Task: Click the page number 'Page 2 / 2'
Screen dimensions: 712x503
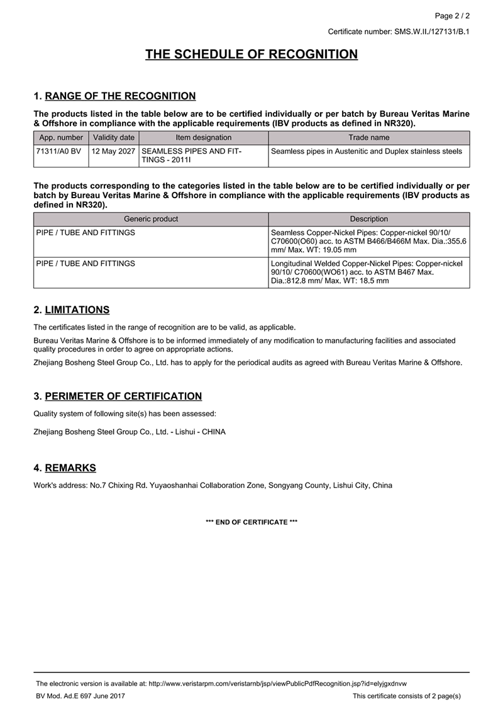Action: pyautogui.click(x=452, y=16)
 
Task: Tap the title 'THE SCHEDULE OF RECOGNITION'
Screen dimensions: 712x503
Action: pyautogui.click(x=251, y=55)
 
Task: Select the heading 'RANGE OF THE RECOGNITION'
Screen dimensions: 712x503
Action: pyautogui.click(x=120, y=96)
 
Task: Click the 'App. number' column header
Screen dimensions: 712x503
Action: pyautogui.click(x=61, y=137)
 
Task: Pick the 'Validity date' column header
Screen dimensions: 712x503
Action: pyautogui.click(x=114, y=137)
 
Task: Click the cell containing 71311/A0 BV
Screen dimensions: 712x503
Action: pyautogui.click(x=61, y=151)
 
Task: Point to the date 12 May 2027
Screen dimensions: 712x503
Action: pyautogui.click(x=114, y=151)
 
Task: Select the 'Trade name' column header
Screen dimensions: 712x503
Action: pyautogui.click(x=369, y=137)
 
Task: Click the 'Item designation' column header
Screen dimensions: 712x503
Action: pyautogui.click(x=204, y=137)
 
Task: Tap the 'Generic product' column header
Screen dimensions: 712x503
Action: pyautogui.click(x=151, y=219)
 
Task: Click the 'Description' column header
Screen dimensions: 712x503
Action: pyautogui.click(x=369, y=219)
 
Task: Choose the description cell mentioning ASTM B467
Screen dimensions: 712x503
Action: pyautogui.click(x=369, y=272)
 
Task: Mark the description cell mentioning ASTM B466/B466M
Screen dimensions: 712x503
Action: pyautogui.click(x=369, y=242)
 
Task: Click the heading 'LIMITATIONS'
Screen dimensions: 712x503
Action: pyautogui.click(x=77, y=310)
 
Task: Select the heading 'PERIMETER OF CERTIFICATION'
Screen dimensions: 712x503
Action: pyautogui.click(x=123, y=396)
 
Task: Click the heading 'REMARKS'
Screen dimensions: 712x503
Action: pyautogui.click(x=70, y=468)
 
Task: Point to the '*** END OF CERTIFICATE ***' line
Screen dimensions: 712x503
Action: pyautogui.click(x=251, y=522)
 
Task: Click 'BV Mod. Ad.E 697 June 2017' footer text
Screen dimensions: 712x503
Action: pyautogui.click(x=80, y=696)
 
